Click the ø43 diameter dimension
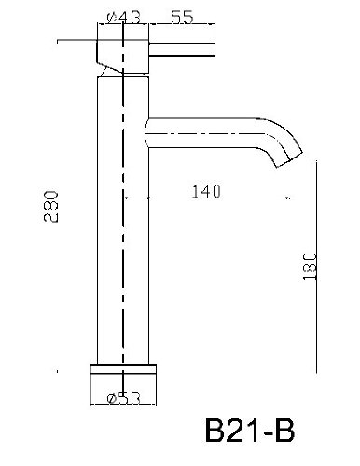124,18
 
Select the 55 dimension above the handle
182,17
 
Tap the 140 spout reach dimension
206,191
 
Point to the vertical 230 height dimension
50,207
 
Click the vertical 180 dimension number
310,267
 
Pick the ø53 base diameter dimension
123,399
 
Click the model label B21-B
250,431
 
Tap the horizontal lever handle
182,49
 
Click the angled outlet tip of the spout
289,160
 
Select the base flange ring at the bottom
123,369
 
